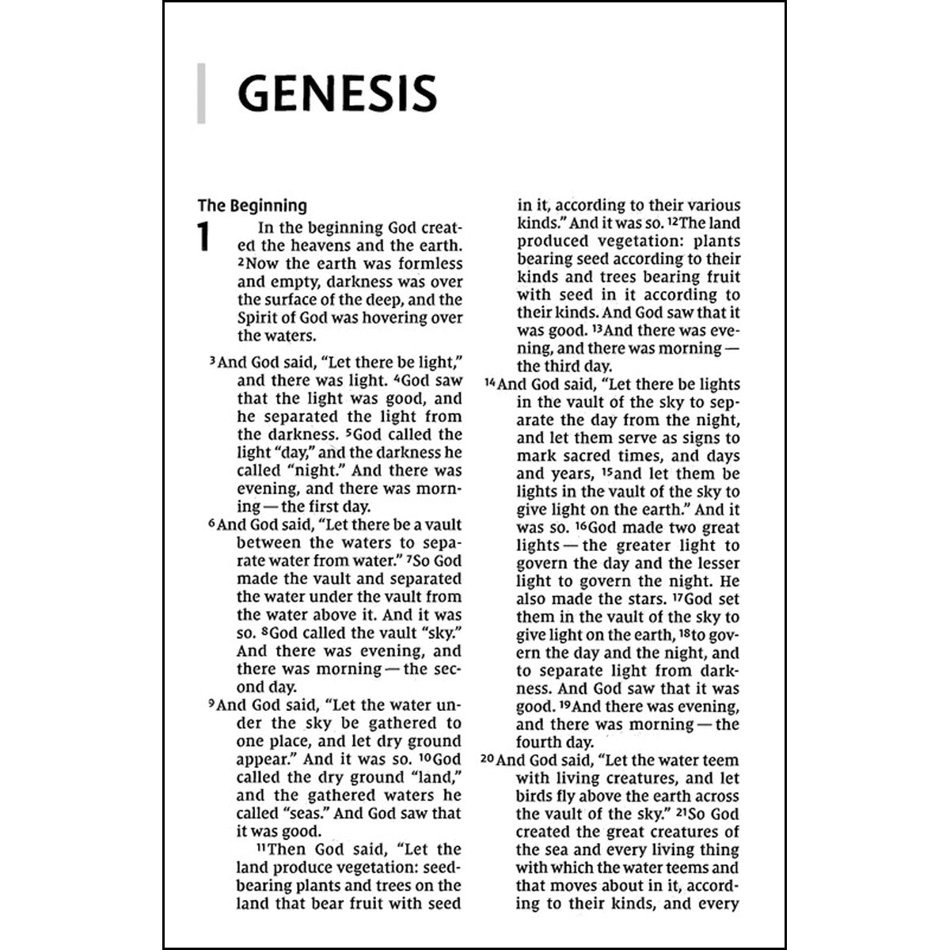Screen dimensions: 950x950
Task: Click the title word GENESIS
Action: (336, 93)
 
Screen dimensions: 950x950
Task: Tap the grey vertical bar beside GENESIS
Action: (201, 93)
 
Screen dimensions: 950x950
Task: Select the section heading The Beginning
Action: (252, 206)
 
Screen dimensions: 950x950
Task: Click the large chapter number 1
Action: (204, 237)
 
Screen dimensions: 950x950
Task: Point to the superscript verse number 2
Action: (241, 262)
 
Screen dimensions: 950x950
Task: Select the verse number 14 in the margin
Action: (489, 383)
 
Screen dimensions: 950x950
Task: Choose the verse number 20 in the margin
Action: (488, 759)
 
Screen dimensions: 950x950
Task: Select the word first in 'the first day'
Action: (322, 507)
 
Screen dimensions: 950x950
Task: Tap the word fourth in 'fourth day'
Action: (539, 743)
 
